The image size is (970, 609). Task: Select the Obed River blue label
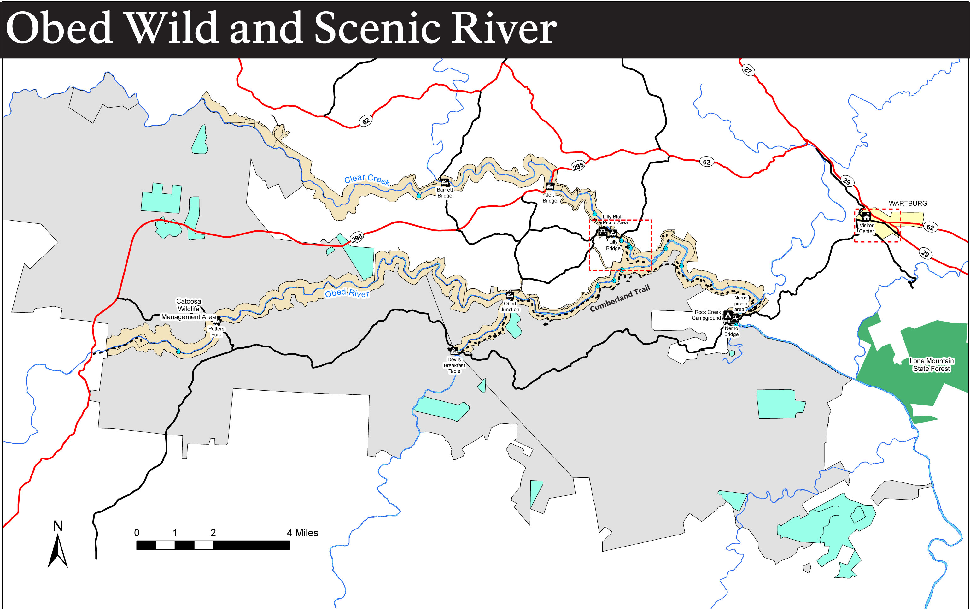click(347, 293)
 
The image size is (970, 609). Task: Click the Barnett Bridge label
click(444, 192)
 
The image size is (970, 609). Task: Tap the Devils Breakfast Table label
click(454, 365)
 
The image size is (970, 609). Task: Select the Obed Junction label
click(510, 306)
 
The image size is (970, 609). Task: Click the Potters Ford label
click(216, 332)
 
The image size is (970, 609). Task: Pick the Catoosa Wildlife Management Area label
click(188, 309)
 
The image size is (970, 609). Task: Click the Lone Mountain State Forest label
click(931, 364)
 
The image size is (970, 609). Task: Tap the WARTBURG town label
click(908, 204)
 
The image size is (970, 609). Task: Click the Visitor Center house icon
click(866, 216)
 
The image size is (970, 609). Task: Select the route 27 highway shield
click(748, 70)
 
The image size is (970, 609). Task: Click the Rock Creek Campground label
click(707, 315)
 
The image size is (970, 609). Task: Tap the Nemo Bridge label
click(731, 331)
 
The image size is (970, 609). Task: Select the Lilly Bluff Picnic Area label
click(615, 220)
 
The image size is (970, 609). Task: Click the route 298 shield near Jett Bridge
click(578, 166)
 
